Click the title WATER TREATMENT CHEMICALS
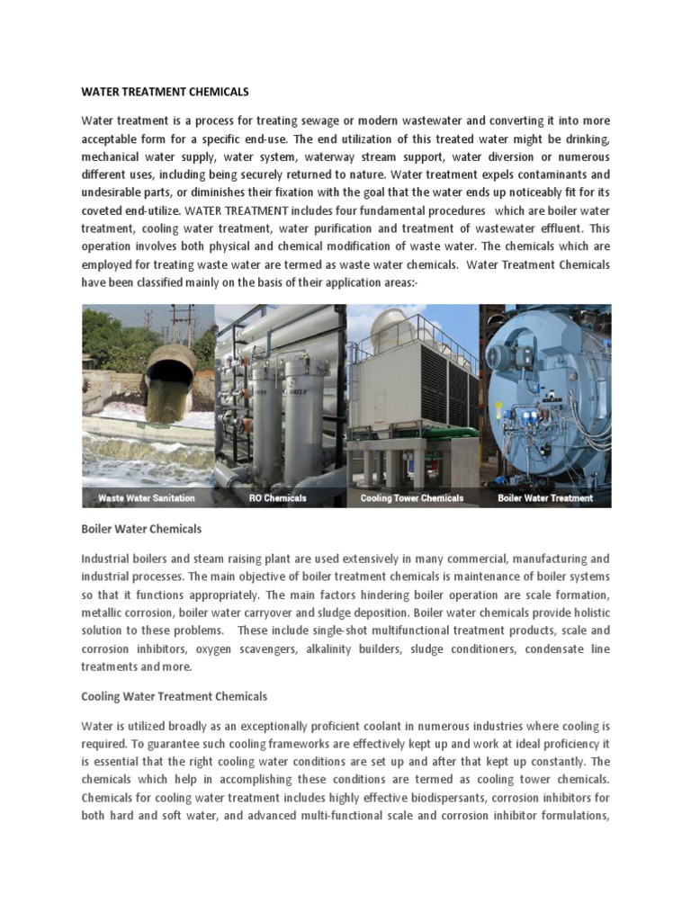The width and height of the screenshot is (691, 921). click(x=165, y=92)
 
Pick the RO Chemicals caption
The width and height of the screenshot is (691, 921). click(x=277, y=497)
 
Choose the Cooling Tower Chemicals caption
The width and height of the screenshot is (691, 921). click(x=412, y=497)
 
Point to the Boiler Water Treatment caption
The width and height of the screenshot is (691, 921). click(x=545, y=497)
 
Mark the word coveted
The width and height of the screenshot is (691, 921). click(x=103, y=210)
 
